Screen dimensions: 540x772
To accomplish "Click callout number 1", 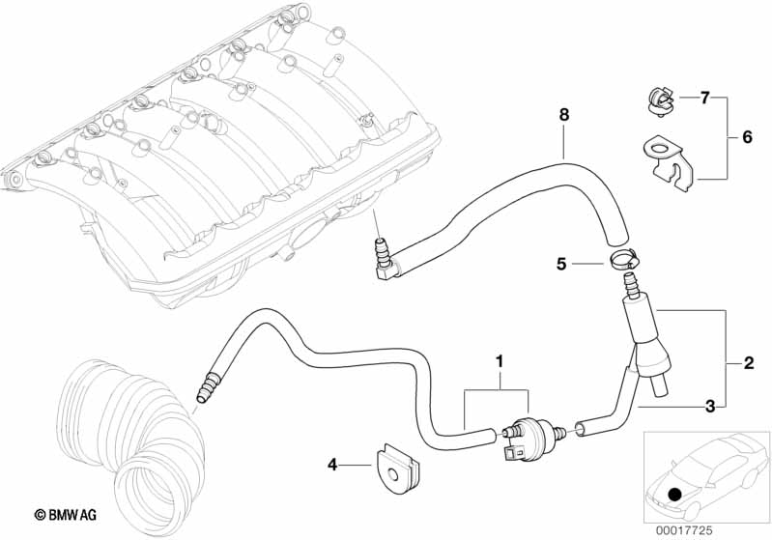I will [x=499, y=362].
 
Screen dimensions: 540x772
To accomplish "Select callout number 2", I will [x=748, y=364].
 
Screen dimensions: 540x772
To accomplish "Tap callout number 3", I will [x=709, y=407].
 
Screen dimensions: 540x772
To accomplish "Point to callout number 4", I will [x=333, y=465].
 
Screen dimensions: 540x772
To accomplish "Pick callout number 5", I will [x=560, y=262].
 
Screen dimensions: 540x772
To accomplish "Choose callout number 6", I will [x=747, y=138].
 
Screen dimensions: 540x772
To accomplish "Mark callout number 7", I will [x=704, y=98].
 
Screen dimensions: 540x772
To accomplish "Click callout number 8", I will [x=563, y=115].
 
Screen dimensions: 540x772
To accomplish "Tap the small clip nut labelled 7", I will [x=655, y=99].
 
